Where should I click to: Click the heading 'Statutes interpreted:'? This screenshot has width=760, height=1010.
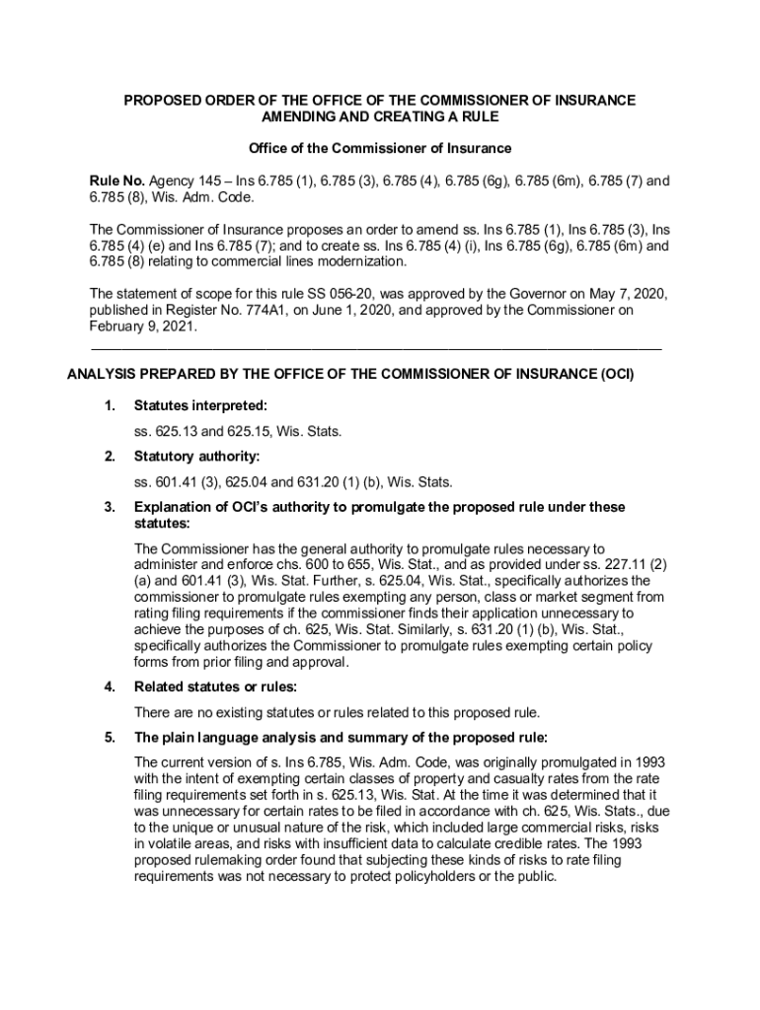[200, 405]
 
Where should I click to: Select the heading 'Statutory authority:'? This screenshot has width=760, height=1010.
[196, 457]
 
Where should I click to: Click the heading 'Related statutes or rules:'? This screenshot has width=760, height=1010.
[215, 686]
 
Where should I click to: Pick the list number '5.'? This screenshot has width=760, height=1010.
[110, 737]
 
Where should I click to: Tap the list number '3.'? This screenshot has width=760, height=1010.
[110, 507]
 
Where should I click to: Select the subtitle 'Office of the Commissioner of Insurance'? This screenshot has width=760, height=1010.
[380, 148]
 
